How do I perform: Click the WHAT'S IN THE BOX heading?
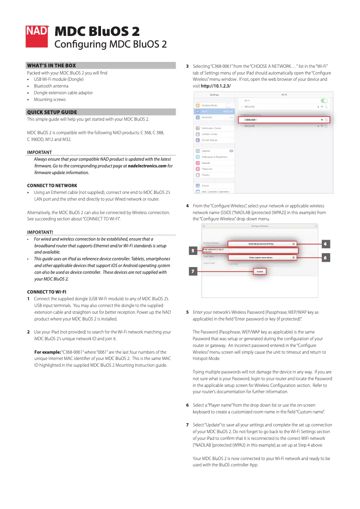(x=52, y=66)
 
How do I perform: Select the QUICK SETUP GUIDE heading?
(x=52, y=112)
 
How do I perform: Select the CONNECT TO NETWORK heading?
(x=52, y=185)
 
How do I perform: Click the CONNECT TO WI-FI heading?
(x=47, y=292)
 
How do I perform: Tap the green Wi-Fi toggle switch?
(x=324, y=101)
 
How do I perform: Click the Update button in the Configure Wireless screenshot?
(x=260, y=272)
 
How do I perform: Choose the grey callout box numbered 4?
(x=326, y=244)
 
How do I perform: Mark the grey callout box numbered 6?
(x=326, y=258)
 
